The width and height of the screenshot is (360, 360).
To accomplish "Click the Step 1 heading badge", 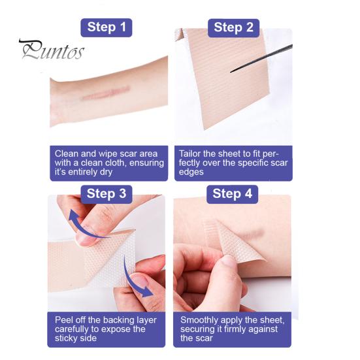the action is tap(106, 27).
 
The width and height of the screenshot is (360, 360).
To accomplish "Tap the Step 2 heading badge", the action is tap(233, 28).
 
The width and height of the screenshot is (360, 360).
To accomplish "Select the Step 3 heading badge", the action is tap(106, 194).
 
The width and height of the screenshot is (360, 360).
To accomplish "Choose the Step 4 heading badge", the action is tap(232, 194).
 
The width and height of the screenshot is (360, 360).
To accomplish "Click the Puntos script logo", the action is tap(52, 50).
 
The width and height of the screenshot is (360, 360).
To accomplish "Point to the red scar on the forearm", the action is tap(106, 93).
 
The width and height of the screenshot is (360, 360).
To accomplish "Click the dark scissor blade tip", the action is tap(231, 72).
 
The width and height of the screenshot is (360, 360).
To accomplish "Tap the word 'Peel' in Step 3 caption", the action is tap(63, 320).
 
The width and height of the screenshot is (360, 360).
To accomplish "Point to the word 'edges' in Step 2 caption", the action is tap(191, 172).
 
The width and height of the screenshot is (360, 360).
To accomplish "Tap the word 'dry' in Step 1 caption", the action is tap(106, 172).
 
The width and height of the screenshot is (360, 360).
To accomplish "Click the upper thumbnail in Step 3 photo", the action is tap(86, 239).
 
